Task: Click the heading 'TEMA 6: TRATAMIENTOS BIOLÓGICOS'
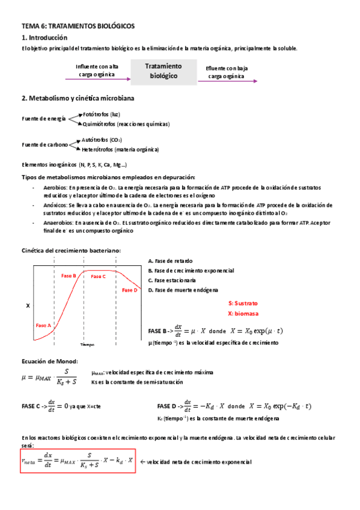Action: tap(78, 26)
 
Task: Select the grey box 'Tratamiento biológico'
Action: tap(163, 71)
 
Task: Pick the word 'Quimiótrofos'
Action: tap(99, 124)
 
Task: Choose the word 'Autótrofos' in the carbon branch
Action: tap(94, 139)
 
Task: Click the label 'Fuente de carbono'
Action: tap(45, 144)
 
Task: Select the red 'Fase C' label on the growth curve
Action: tap(99, 276)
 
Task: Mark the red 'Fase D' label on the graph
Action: tap(130, 290)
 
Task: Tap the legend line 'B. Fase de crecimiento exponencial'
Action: tap(191, 271)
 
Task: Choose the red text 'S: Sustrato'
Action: tap(244, 303)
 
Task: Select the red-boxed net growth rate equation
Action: tap(77, 461)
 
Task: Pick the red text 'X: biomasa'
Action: tap(243, 313)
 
